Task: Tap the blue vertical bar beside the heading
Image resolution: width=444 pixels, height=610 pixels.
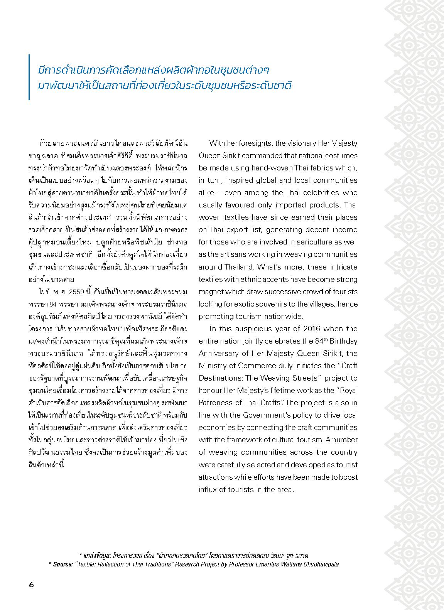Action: pos(29,77)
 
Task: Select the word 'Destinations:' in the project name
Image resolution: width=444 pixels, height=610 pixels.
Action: pos(219,378)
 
